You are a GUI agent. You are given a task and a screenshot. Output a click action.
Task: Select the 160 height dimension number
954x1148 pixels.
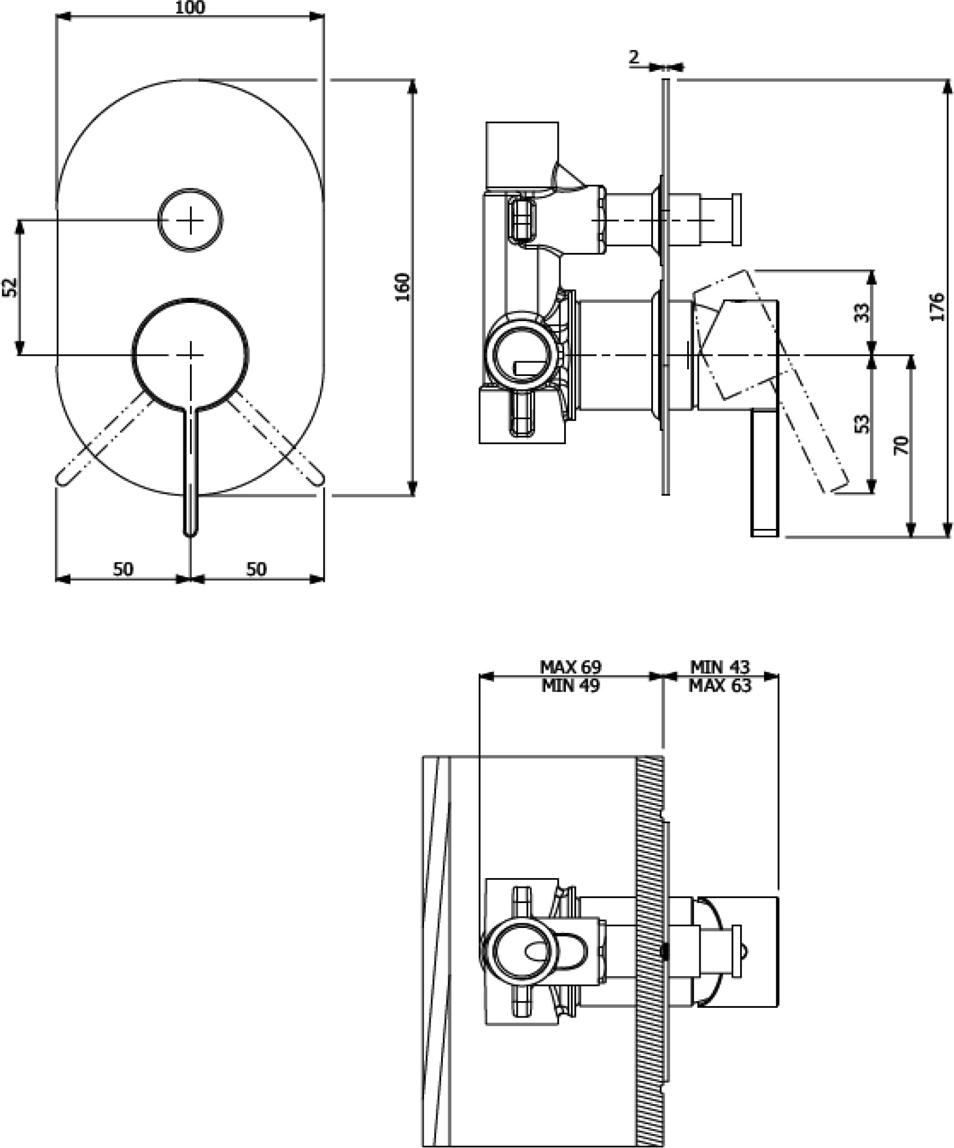[403, 287]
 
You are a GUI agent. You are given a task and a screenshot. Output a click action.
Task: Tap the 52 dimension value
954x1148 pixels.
[10, 287]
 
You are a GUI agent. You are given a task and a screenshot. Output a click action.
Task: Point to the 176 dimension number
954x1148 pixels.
[938, 306]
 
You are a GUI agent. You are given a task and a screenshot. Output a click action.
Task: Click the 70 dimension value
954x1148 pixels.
[902, 445]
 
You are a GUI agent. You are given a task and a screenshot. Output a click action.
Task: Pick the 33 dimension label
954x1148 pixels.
[862, 313]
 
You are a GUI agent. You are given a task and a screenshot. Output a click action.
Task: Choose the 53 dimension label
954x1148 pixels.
[862, 424]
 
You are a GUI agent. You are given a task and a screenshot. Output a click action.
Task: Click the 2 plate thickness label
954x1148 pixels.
[634, 57]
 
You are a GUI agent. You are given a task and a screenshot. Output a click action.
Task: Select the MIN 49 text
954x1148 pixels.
[570, 686]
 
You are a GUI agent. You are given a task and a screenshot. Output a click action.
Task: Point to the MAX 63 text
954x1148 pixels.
[720, 686]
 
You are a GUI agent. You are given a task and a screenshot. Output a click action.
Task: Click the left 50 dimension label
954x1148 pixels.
[123, 569]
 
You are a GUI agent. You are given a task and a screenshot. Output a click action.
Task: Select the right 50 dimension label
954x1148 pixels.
[256, 569]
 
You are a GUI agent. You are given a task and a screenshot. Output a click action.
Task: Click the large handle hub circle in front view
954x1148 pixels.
[191, 299]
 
